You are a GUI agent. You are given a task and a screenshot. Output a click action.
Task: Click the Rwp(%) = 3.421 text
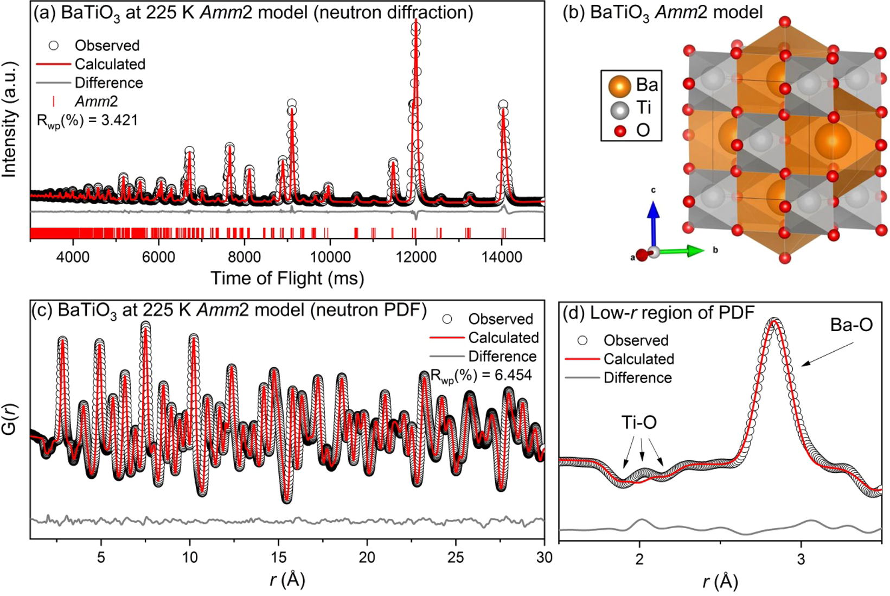(x=87, y=120)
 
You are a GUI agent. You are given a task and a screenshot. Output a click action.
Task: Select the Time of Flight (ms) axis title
(x=287, y=278)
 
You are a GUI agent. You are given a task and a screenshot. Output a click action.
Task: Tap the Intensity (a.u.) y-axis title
(x=10, y=119)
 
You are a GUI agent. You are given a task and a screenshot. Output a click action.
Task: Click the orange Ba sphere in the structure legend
(x=619, y=86)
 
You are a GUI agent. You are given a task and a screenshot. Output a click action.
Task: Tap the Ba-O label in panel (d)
(x=851, y=325)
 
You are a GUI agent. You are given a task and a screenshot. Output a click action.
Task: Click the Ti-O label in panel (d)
(x=639, y=422)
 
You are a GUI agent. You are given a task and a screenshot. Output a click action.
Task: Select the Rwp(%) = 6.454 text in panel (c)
(x=481, y=375)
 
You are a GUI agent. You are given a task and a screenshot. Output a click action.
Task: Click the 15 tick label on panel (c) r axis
(x=278, y=557)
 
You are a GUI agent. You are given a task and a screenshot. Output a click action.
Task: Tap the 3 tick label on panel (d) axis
(x=801, y=560)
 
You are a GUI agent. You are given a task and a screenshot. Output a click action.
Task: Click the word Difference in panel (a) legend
(x=108, y=83)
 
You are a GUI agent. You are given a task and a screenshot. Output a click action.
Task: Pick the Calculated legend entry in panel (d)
(x=638, y=359)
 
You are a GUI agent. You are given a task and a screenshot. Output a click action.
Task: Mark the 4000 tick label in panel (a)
(x=73, y=256)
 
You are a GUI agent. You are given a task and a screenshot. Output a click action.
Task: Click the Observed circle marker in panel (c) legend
(x=447, y=319)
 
